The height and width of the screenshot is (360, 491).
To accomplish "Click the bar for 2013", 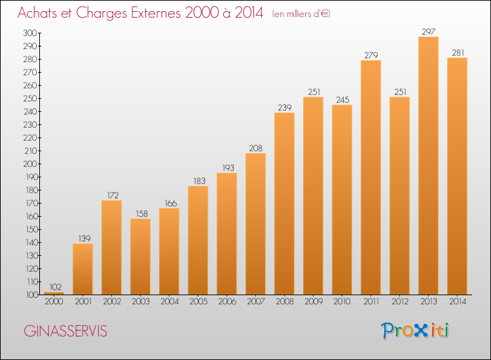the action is tap(428, 166).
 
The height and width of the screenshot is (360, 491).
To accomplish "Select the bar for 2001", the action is tap(82, 269).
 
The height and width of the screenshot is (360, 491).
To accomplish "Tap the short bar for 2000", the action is tap(54, 293).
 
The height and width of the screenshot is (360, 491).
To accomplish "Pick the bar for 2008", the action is tap(284, 204).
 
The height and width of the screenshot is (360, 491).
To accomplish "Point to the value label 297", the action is tap(428, 31).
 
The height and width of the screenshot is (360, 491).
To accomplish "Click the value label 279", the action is tap(371, 55).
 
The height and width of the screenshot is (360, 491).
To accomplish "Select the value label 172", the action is tap(113, 195).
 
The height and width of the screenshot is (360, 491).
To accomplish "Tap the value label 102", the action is tap(56, 287).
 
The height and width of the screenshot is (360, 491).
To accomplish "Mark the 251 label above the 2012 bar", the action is tap(400, 92).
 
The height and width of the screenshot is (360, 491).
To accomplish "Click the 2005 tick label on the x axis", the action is tap(198, 302).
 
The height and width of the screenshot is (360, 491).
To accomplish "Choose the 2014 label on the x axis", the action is tap(458, 302).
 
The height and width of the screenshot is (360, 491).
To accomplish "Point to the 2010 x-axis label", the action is tap(342, 302).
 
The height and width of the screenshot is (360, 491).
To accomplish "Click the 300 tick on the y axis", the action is tap(30, 33).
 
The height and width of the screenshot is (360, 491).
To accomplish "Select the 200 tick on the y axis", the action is tap(30, 164).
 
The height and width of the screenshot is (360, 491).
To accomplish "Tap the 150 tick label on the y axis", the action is tap(30, 230).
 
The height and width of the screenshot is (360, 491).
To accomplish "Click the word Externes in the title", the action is tap(156, 12).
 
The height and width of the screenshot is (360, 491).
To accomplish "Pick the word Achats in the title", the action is tap(37, 12).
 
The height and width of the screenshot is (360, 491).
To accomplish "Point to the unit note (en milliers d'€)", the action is tap(301, 14).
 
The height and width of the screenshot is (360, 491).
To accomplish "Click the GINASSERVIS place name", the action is tap(65, 331).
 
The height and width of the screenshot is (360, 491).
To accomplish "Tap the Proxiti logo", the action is tap(415, 331).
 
